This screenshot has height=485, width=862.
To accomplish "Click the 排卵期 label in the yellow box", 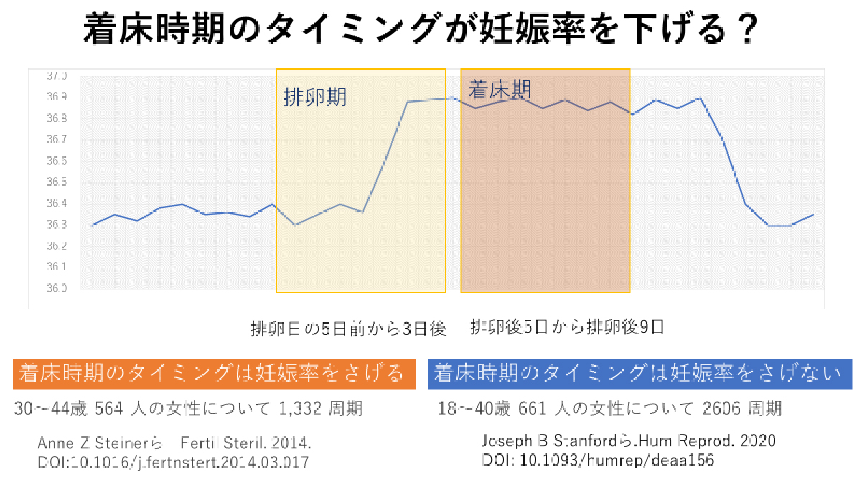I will click(x=315, y=97).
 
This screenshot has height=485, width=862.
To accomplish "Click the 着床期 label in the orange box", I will click(x=500, y=90).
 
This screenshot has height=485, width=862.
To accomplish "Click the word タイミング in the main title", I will click(x=351, y=31).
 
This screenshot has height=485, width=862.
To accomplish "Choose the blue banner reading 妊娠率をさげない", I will click(x=639, y=373).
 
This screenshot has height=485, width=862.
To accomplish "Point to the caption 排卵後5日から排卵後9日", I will click(x=567, y=328).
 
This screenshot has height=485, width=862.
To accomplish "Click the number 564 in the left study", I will click(x=110, y=409).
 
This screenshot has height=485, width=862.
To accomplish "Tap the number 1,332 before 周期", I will click(x=298, y=409).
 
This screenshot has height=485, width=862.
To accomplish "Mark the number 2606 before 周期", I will click(x=720, y=409).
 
